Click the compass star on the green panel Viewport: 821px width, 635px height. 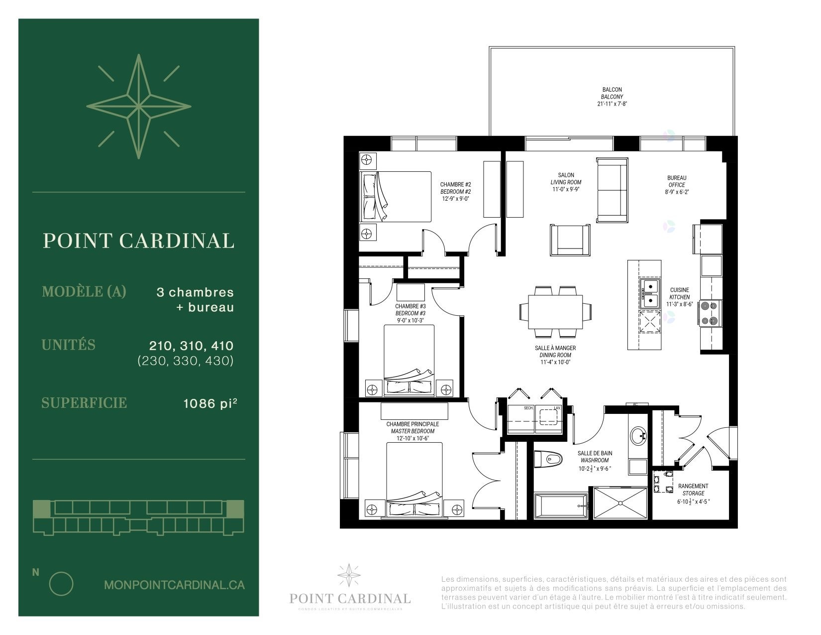tap(138, 107)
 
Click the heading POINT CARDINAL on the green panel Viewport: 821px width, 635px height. tap(138, 241)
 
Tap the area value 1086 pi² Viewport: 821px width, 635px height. tap(209, 403)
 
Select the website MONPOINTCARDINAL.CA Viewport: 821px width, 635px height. tap(174, 585)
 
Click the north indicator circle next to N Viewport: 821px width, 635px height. tap(61, 583)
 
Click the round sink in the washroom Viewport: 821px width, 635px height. tap(638, 436)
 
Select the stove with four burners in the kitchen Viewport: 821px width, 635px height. tap(710, 313)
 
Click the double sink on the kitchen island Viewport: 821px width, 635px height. tap(649, 294)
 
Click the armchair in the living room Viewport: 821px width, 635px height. tap(570, 240)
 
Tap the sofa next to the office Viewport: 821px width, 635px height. tap(612, 190)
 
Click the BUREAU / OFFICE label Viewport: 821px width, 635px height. tap(677, 181)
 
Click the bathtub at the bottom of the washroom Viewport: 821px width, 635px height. tap(561, 506)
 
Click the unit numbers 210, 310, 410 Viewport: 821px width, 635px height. tap(191, 346)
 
